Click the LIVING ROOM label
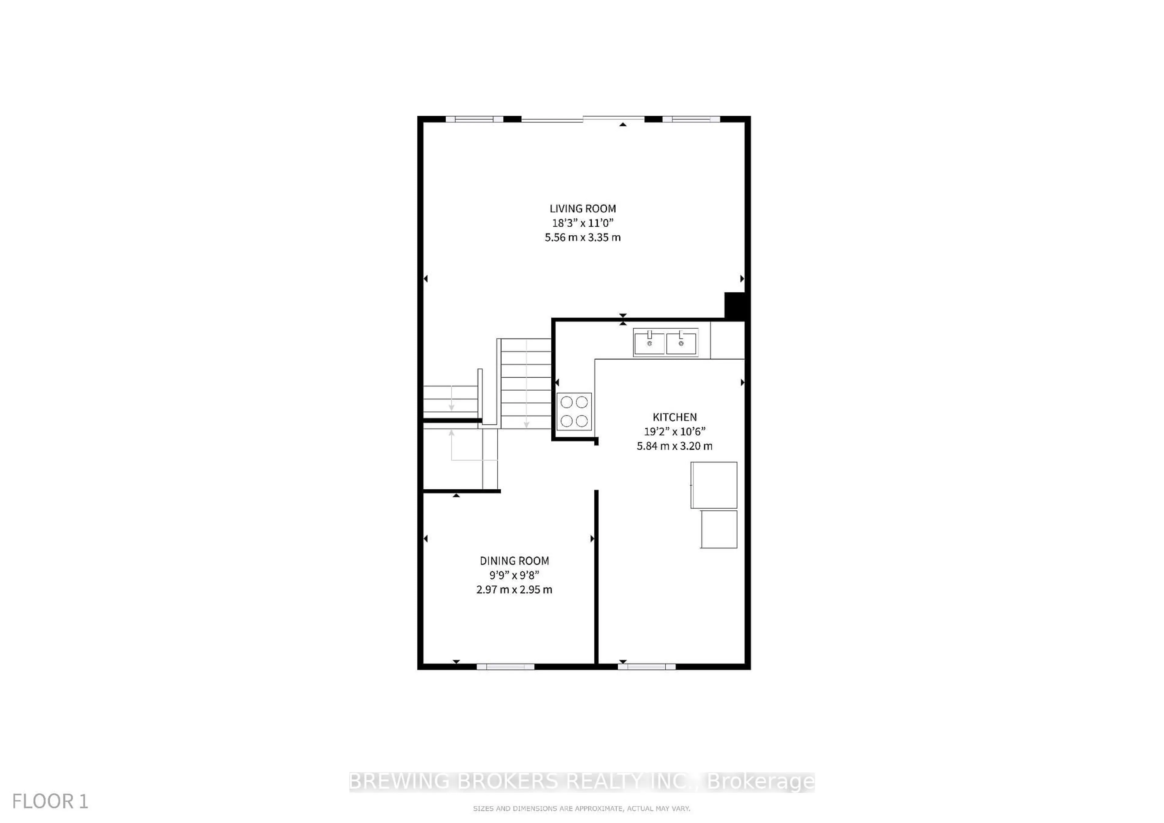[x=583, y=208]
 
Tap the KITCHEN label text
[x=674, y=417]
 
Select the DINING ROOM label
[x=514, y=561]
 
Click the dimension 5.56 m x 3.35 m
[x=583, y=237]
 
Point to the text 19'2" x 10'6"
[x=674, y=431]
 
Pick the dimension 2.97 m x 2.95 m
[x=514, y=589]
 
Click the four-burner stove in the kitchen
[x=574, y=411]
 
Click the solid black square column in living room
[x=734, y=305]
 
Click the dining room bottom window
[x=505, y=666]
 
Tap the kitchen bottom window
[x=646, y=666]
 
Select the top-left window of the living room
[x=474, y=119]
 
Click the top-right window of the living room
[x=691, y=119]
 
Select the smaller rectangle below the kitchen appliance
[x=718, y=529]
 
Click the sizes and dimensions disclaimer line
[x=581, y=808]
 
